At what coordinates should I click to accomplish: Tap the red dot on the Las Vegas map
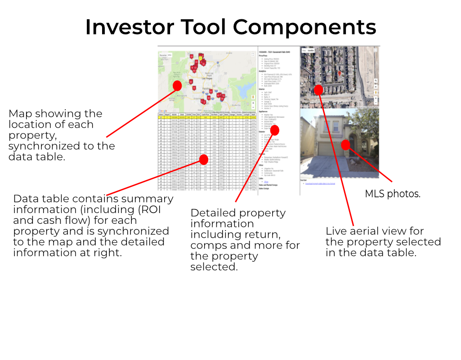click(177, 85)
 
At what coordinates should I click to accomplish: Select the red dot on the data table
click(203, 159)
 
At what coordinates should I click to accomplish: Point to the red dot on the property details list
click(275, 130)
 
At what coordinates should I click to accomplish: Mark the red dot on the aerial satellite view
click(318, 89)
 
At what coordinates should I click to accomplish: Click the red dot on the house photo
click(345, 145)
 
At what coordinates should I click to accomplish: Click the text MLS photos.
click(392, 194)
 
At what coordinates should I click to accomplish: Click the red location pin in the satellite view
click(340, 73)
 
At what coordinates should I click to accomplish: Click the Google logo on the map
click(163, 111)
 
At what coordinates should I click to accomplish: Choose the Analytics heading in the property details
click(263, 71)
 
